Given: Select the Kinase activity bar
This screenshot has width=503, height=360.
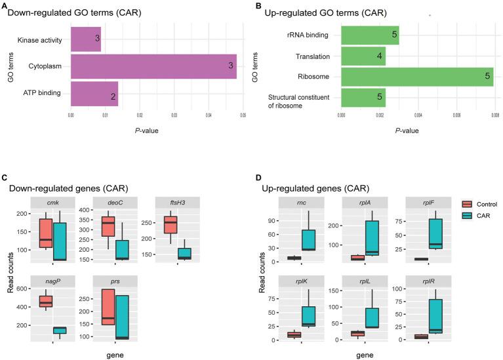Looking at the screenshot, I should point(86,39).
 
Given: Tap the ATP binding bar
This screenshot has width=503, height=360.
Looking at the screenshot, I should point(94,94).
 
